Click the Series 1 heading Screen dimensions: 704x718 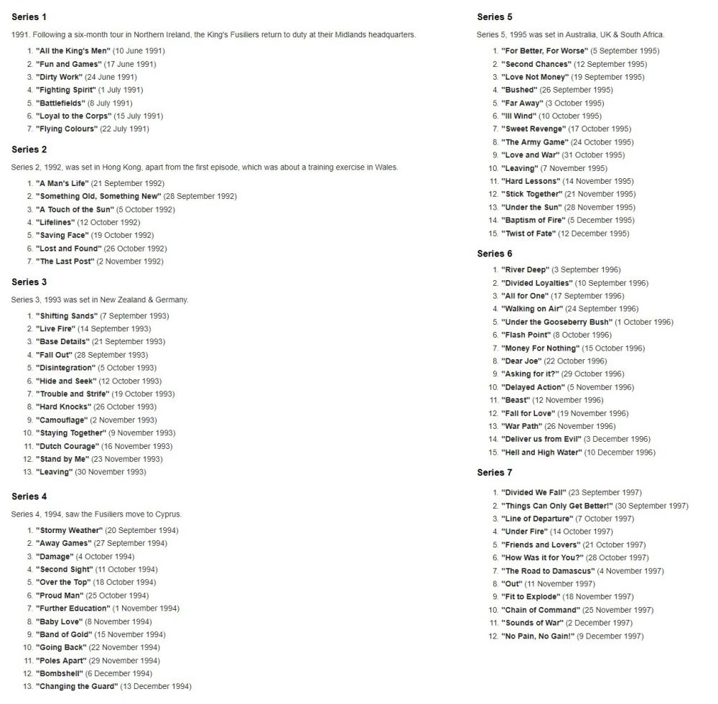click(x=29, y=17)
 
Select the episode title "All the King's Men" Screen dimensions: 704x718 click(x=73, y=51)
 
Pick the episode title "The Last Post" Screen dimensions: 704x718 click(x=65, y=261)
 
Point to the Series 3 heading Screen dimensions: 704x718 click(x=29, y=282)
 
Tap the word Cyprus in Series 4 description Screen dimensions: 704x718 click(x=168, y=514)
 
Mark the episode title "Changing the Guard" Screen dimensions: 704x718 click(x=77, y=687)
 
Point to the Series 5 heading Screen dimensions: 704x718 click(x=495, y=17)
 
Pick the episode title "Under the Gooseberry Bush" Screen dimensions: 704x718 click(x=556, y=323)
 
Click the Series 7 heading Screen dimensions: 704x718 click(x=495, y=473)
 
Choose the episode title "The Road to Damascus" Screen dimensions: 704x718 click(x=547, y=571)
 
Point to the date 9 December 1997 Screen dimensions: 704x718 click(x=610, y=636)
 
